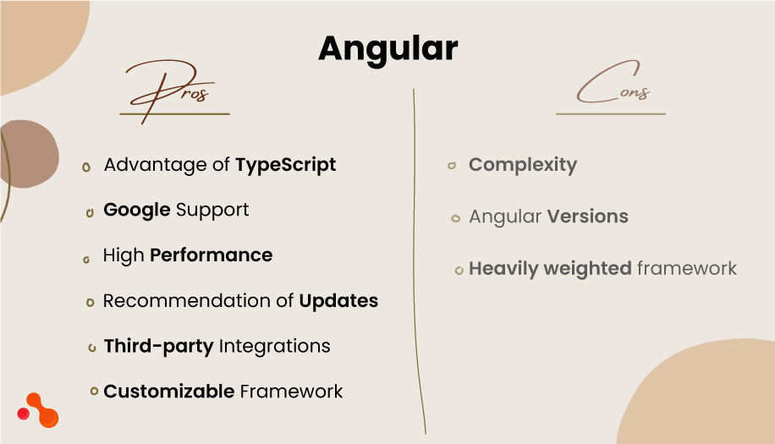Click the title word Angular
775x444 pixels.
coord(387,49)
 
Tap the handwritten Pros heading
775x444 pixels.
coord(173,88)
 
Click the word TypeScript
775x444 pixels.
coord(285,165)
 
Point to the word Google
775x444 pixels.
coord(137,210)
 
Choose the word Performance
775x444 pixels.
coord(211,255)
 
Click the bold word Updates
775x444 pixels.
coord(338,301)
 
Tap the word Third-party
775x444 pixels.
coord(158,346)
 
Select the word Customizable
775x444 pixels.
coord(168,392)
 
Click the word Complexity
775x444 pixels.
coord(523,165)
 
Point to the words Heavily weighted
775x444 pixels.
coord(550,269)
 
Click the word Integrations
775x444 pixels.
coord(274,346)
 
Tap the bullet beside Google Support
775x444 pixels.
coord(90,212)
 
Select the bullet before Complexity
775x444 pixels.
coord(452,166)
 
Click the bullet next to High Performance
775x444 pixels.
coord(86,259)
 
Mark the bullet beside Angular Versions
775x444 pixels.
coord(455,218)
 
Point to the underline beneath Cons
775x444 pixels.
coord(610,113)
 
